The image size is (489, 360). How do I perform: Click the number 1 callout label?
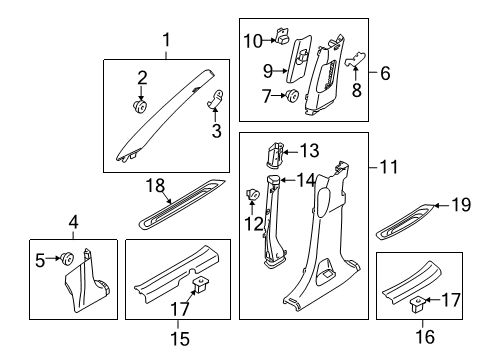pyautogui.click(x=168, y=40)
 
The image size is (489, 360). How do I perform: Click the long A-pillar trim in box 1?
pyautogui.click(x=170, y=115)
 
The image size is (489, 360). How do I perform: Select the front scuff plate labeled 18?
pyautogui.click(x=182, y=205)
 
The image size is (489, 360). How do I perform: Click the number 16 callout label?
pyautogui.click(x=425, y=339)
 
